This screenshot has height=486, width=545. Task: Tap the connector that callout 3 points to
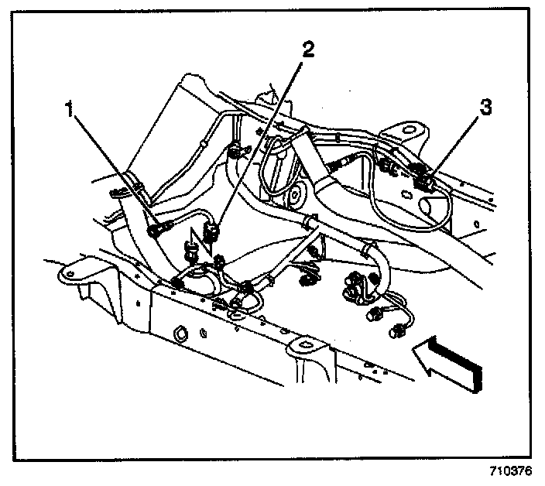click(x=423, y=183)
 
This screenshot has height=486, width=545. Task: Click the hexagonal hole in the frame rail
click(x=177, y=334)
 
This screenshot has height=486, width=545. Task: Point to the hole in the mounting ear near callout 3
click(x=406, y=126)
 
